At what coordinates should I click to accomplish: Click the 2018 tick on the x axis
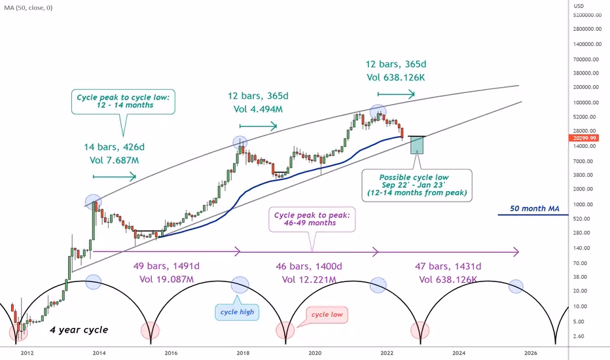tap(243, 352)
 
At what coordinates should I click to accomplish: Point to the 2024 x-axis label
tap(459, 352)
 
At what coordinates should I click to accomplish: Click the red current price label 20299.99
tap(584, 138)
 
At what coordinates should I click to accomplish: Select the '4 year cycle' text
tap(79, 330)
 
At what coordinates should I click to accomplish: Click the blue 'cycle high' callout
tap(238, 312)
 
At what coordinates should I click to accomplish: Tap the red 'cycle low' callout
tap(329, 315)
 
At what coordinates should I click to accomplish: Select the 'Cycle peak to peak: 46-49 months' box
tap(313, 219)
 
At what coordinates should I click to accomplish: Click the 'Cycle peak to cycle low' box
tap(124, 101)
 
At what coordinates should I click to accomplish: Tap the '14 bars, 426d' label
tap(114, 147)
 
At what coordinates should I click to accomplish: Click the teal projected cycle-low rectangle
tap(416, 145)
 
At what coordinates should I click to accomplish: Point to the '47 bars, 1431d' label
tap(448, 266)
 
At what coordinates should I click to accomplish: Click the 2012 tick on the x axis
tap(27, 352)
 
